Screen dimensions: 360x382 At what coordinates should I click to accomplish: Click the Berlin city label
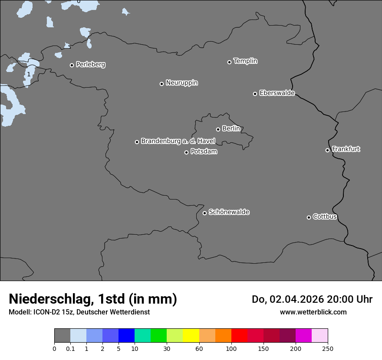click(231, 128)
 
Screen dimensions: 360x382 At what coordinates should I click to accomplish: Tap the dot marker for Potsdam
click(187, 152)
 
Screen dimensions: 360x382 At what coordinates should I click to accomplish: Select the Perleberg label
click(91, 65)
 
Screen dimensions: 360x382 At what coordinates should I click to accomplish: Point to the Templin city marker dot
click(230, 62)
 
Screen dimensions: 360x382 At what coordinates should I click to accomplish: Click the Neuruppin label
click(182, 83)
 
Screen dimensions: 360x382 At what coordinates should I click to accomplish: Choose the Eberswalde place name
click(277, 93)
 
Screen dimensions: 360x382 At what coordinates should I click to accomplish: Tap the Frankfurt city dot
click(328, 150)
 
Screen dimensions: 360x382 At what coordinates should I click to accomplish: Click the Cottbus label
click(325, 216)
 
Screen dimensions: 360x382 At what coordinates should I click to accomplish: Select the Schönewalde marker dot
click(205, 213)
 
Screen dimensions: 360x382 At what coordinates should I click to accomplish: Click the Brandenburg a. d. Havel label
click(178, 141)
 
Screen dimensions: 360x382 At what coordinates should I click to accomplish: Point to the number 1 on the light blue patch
click(29, 74)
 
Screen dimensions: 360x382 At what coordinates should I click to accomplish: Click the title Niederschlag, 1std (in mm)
click(93, 299)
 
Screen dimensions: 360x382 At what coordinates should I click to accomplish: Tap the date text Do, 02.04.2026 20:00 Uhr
click(312, 299)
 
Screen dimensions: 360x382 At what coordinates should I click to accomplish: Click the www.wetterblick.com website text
click(313, 312)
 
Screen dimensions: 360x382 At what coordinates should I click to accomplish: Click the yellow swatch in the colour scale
click(191, 336)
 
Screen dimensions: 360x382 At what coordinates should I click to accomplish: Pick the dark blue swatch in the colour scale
click(126, 336)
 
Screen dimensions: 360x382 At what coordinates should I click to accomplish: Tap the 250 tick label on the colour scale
click(328, 348)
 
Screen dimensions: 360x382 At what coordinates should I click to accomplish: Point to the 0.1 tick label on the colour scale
click(70, 348)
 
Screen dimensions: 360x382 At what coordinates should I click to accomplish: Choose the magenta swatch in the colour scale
click(303, 336)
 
